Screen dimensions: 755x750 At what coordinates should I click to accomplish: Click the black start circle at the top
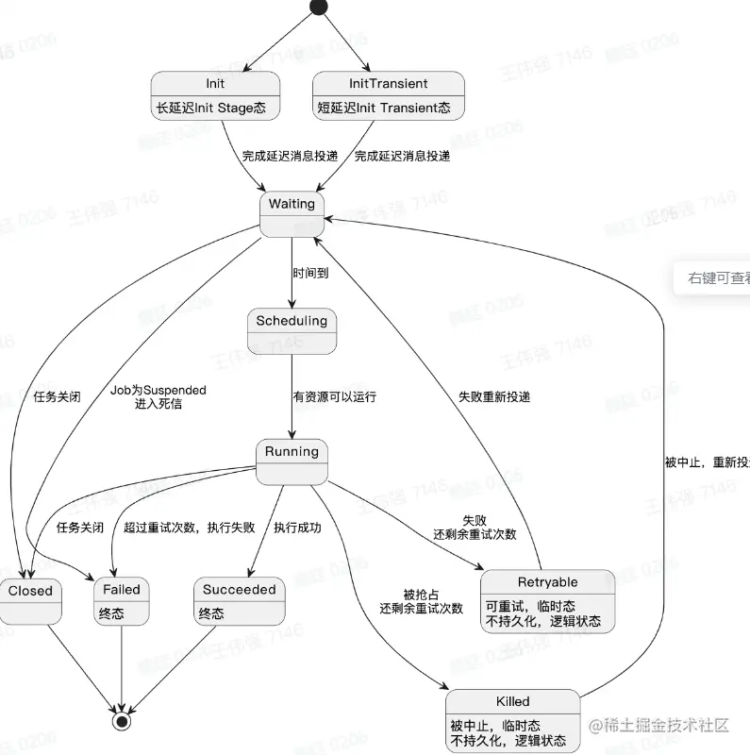pos(318,8)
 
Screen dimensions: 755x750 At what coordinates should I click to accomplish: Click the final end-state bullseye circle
pos(121,721)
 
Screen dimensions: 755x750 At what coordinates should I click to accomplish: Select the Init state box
pos(215,95)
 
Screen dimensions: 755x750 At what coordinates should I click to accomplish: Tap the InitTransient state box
pos(388,95)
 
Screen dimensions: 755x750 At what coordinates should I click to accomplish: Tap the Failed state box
pos(122,601)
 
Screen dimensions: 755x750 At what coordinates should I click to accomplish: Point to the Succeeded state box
pos(240,601)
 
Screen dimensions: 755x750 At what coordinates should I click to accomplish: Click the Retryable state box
pos(547,600)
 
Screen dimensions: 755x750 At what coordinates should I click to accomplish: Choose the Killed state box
pos(512,721)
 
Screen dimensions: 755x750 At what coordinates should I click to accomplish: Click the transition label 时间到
pos(310,272)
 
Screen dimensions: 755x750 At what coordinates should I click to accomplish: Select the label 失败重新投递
pos(494,397)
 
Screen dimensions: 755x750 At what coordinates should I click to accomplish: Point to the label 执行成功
pos(297,528)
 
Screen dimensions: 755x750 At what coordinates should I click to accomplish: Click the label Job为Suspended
pos(158,390)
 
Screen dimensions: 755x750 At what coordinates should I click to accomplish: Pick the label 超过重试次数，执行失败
pos(189,528)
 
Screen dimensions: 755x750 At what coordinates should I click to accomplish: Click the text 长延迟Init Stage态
pos(211,109)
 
